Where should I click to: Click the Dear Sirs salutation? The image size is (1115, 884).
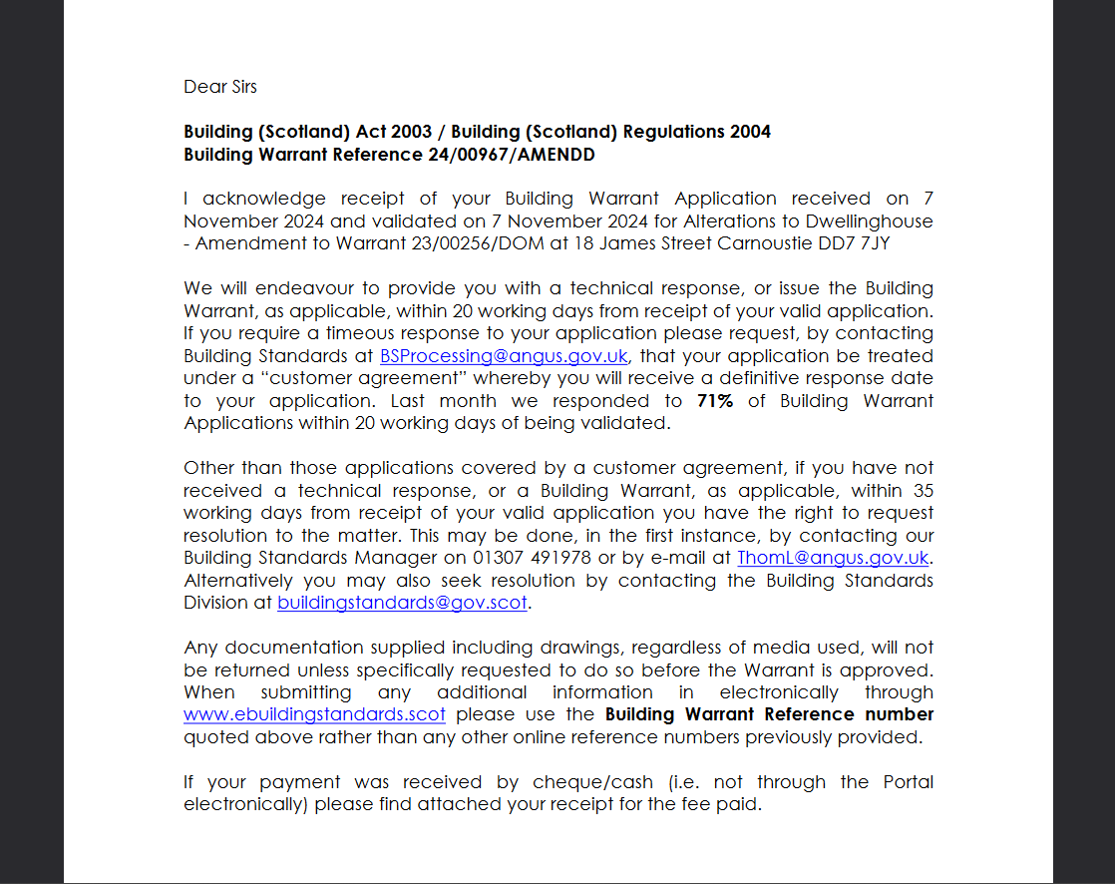[220, 87]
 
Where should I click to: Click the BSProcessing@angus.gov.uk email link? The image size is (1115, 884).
[504, 356]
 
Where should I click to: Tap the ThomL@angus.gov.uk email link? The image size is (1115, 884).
[833, 558]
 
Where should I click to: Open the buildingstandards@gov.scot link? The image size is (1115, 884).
[402, 603]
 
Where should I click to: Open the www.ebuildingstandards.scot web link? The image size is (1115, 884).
[314, 715]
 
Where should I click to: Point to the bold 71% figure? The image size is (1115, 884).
[715, 401]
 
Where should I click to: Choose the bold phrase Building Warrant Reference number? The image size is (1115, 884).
[769, 715]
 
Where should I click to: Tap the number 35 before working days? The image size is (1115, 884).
[923, 491]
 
